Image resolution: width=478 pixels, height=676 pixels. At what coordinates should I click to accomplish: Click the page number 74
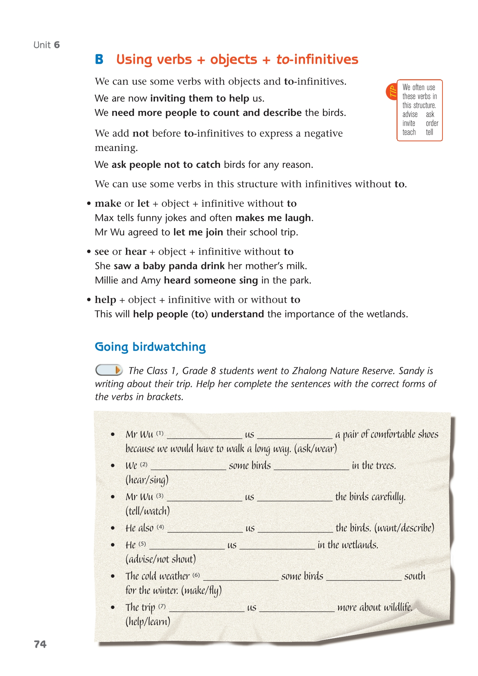pyautogui.click(x=40, y=644)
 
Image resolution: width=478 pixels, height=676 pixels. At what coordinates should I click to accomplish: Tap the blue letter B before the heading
pyautogui.click(x=99, y=59)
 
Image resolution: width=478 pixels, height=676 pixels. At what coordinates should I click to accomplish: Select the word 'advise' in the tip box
pyautogui.click(x=410, y=114)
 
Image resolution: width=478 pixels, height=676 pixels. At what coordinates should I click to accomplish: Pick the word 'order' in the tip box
pyautogui.click(x=432, y=123)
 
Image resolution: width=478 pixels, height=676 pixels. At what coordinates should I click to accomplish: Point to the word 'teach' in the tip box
pyautogui.click(x=409, y=132)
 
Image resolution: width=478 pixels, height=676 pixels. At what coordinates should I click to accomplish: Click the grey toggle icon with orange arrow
pyautogui.click(x=109, y=370)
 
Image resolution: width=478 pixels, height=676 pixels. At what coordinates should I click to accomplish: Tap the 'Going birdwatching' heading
pyautogui.click(x=150, y=347)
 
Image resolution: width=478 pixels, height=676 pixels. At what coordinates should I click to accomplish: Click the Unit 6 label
pyautogui.click(x=47, y=45)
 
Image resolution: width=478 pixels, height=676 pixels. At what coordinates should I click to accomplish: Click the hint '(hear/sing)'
pyautogui.click(x=147, y=480)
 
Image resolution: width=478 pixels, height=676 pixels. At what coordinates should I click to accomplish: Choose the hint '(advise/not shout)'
pyautogui.click(x=160, y=559)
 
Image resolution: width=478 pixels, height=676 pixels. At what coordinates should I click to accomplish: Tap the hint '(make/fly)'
pyautogui.click(x=201, y=590)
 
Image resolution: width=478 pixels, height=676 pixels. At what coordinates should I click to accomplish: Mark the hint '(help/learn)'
pyautogui.click(x=148, y=621)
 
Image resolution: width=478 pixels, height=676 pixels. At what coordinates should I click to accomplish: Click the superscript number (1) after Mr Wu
pyautogui.click(x=160, y=433)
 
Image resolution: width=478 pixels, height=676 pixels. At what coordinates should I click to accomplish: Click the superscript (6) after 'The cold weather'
pyautogui.click(x=196, y=575)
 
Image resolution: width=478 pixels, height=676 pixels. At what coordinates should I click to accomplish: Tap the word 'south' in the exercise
pyautogui.click(x=414, y=576)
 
